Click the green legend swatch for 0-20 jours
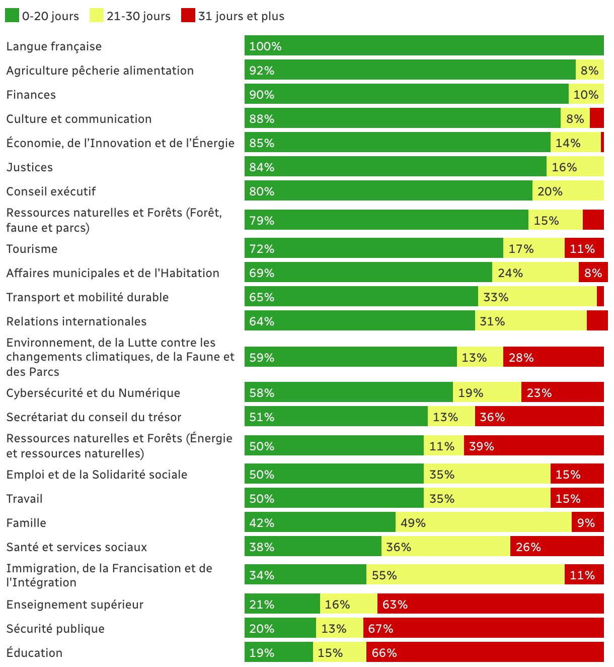tap(12, 16)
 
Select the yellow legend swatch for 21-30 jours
tap(97, 16)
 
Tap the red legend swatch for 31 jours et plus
tap(188, 16)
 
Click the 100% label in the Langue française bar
tap(265, 46)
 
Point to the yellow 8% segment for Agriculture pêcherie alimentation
tap(589, 70)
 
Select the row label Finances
tap(31, 95)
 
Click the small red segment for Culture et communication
tap(596, 118)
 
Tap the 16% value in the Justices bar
tap(564, 167)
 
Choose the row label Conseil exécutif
tap(51, 191)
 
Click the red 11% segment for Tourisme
tap(584, 248)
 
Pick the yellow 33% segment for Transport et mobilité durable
tap(537, 297)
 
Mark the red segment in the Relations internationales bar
tap(597, 321)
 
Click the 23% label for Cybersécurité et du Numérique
tap(539, 393)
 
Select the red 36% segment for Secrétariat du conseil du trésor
tap(539, 417)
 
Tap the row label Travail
tap(25, 499)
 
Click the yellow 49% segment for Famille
tap(483, 522)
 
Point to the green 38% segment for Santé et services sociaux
tap(313, 547)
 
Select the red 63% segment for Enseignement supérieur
tap(490, 604)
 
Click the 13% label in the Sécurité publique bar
tap(334, 629)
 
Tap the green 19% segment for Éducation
tap(278, 652)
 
